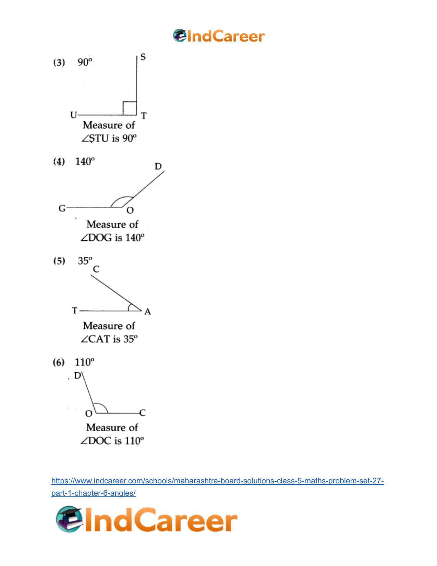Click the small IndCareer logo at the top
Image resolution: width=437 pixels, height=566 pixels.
pos(219,36)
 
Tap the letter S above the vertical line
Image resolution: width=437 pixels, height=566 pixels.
pos(143,57)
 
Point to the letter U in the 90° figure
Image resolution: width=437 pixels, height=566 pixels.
pos(74,115)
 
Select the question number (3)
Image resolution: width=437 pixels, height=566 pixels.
pos(59,63)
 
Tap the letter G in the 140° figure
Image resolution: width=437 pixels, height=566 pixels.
pos(62,208)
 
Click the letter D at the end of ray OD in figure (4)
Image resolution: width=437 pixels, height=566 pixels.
pos(158,166)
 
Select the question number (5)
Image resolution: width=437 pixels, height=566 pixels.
pos(59,261)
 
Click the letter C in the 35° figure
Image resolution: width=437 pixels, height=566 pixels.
pos(96,269)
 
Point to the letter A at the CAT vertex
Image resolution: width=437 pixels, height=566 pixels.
pos(148,312)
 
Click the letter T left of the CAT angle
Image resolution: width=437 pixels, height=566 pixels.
pos(75,311)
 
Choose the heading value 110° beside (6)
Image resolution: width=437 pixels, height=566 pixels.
pos(84,362)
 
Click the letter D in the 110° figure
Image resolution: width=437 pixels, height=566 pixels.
pos(77,376)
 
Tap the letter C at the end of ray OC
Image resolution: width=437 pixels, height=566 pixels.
pos(143,413)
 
